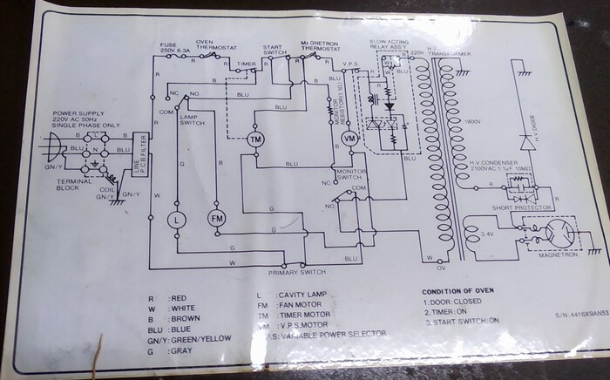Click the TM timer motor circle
click(x=255, y=140)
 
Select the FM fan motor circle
click(x=216, y=219)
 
